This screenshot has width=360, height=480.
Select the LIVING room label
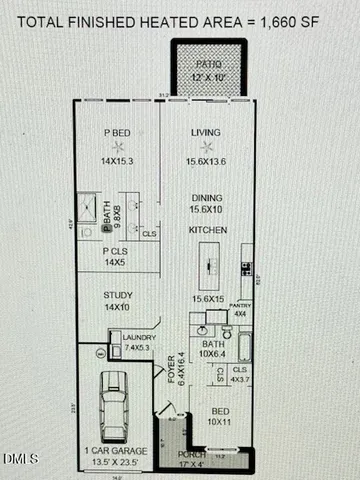click(x=208, y=132)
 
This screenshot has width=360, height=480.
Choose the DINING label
click(x=207, y=198)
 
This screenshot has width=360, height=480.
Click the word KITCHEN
click(x=208, y=231)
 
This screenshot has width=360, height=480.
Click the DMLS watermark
click(x=17, y=459)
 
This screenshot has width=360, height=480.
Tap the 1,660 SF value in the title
click(x=310, y=17)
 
